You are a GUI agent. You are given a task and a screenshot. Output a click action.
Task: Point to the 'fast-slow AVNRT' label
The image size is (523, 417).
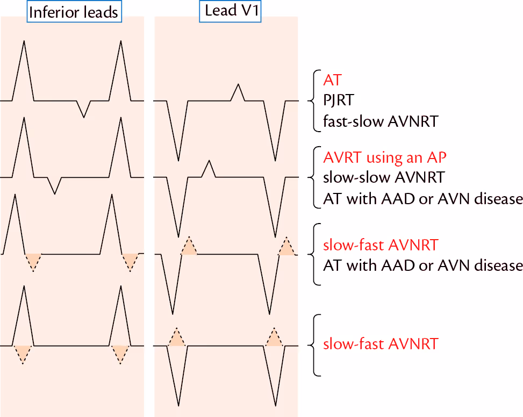click(x=381, y=121)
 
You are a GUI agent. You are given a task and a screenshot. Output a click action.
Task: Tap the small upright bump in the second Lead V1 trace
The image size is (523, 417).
click(x=209, y=170)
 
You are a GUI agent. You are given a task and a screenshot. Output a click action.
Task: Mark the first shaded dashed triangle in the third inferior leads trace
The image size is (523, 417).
click(x=33, y=261)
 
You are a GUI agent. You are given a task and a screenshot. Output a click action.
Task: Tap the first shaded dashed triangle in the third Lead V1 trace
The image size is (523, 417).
click(x=189, y=247)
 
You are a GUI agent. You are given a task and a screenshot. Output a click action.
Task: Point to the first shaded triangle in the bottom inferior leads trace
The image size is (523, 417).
click(x=23, y=353)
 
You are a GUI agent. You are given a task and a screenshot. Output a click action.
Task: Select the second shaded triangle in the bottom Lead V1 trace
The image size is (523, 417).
click(x=274, y=338)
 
